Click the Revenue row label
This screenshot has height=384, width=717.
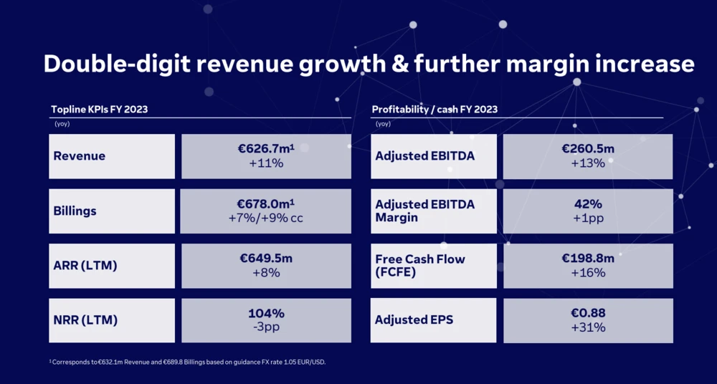coord(80,156)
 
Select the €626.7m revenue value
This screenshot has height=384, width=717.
coord(265,149)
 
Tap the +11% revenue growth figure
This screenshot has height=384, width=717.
coord(266,163)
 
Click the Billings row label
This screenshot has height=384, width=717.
coord(75,211)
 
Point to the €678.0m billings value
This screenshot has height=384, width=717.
coord(265,204)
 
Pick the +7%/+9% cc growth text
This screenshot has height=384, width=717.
coord(266,219)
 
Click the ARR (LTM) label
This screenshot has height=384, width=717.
coord(85,266)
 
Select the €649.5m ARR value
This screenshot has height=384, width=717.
coord(266,259)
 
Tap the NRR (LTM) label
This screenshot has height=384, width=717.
coord(85,320)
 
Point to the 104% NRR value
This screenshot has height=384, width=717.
coord(266,314)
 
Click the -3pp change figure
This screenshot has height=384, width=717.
coord(266,328)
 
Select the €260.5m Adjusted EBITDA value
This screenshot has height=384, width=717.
coord(588,149)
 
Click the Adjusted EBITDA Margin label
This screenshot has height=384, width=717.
coord(424,211)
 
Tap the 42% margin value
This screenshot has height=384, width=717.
coord(588,204)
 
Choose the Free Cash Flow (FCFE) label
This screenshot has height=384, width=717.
coord(420,266)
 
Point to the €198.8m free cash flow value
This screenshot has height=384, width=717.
coord(588,259)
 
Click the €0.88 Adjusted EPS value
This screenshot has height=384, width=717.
coord(588,314)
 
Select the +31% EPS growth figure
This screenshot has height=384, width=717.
coord(588,328)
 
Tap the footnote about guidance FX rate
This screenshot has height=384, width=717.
coord(187,362)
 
